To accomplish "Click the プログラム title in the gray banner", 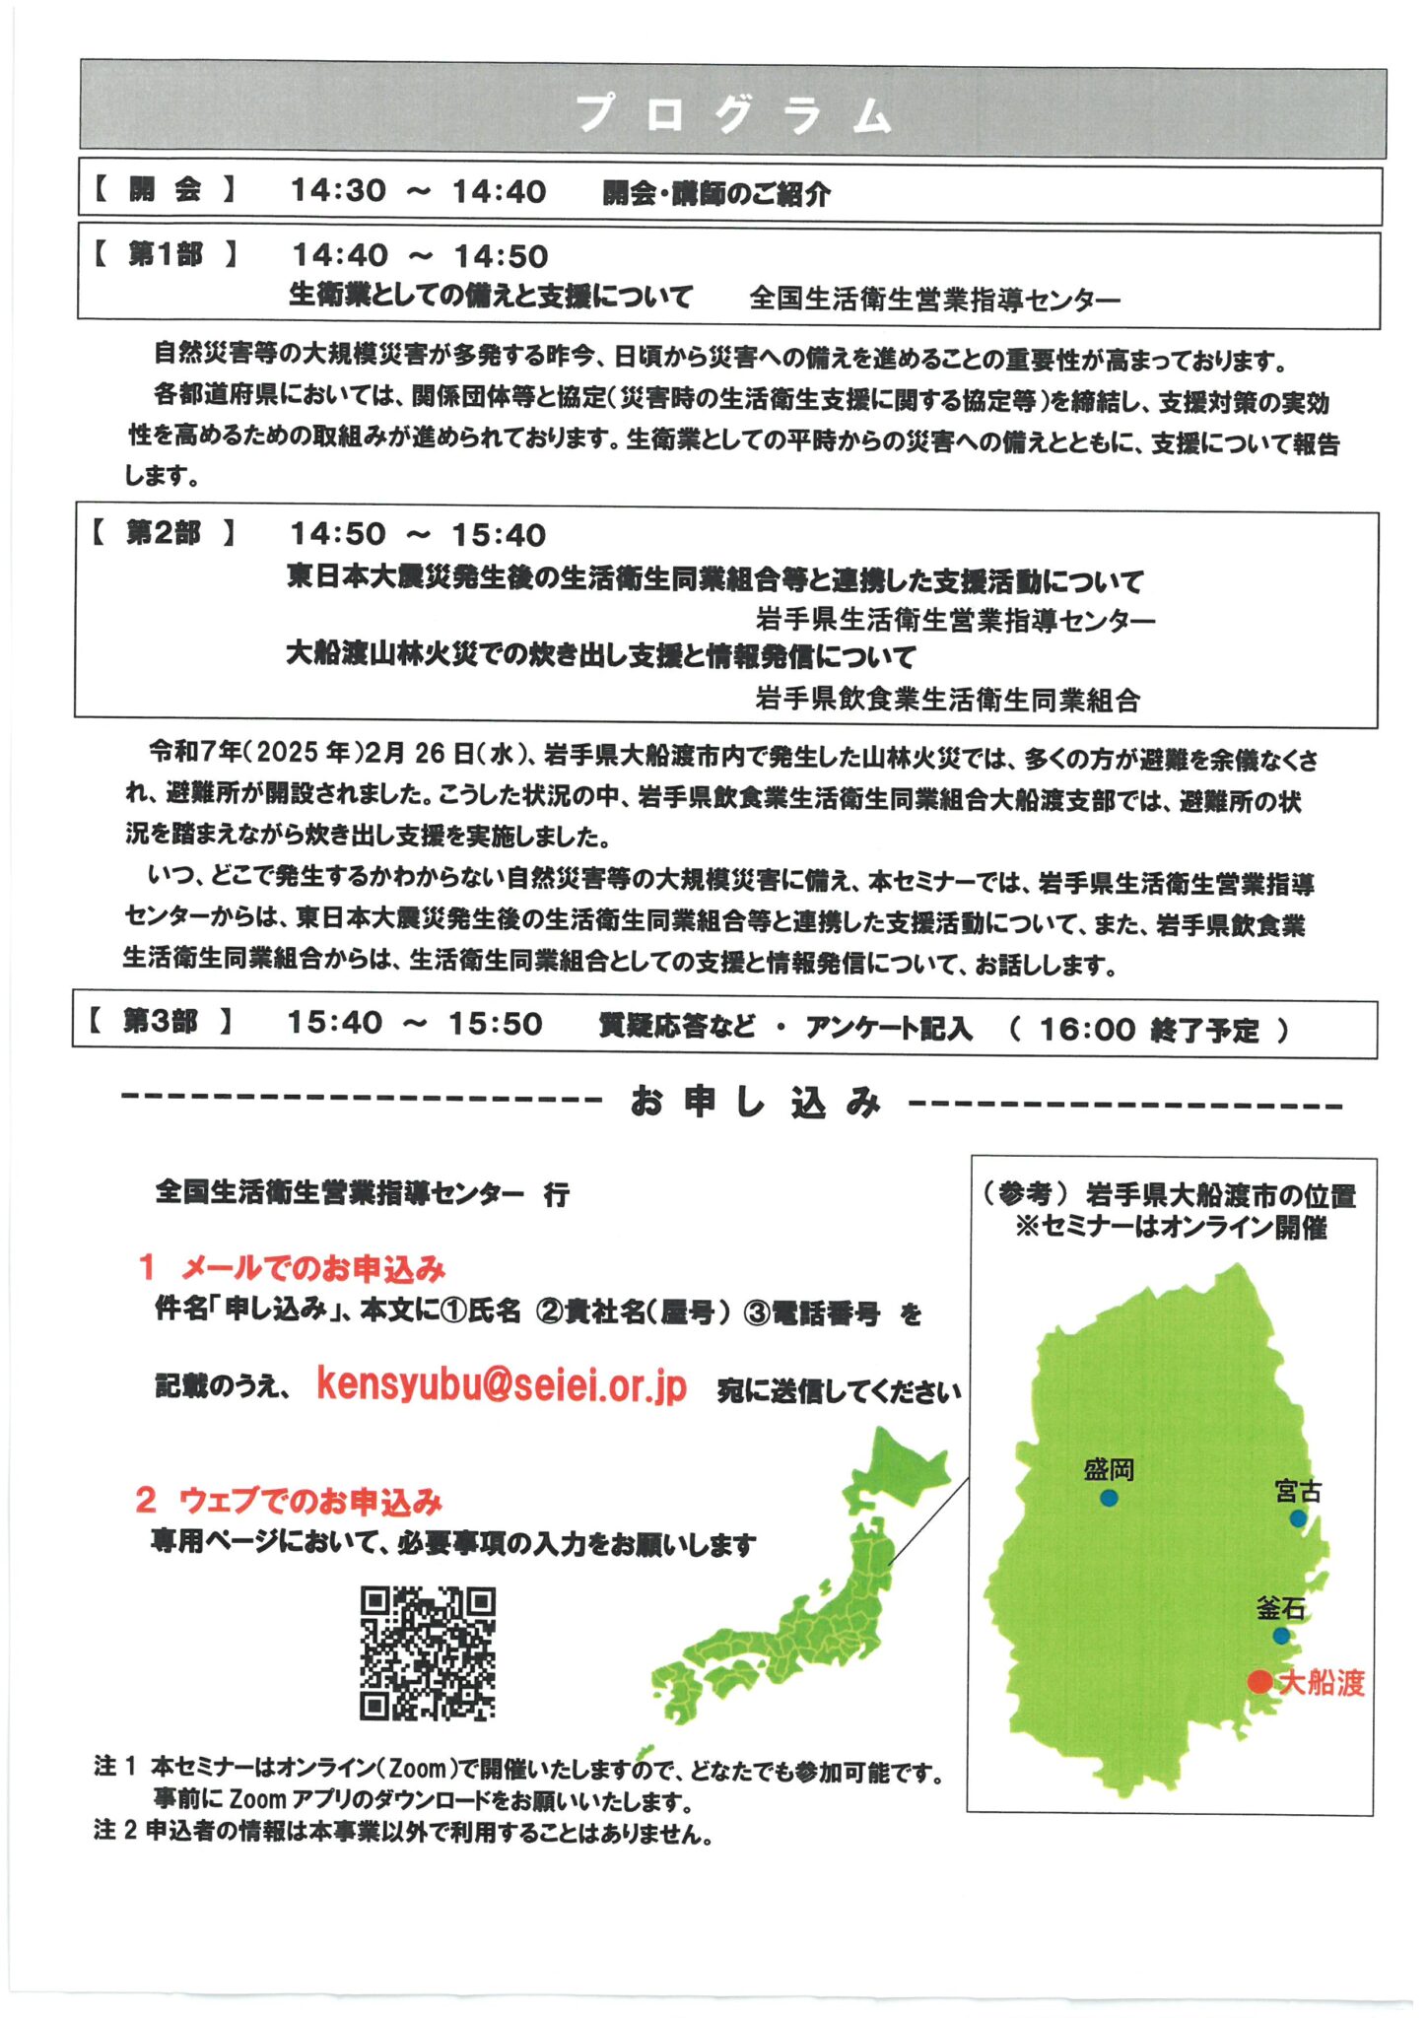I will (733, 114).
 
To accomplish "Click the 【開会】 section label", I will (165, 190).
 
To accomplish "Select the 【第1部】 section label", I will (165, 255).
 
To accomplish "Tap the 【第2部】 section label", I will (163, 534).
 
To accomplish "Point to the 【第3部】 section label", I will (160, 1022).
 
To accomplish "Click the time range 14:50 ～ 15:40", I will (417, 535).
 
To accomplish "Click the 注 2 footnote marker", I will (114, 1832).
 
